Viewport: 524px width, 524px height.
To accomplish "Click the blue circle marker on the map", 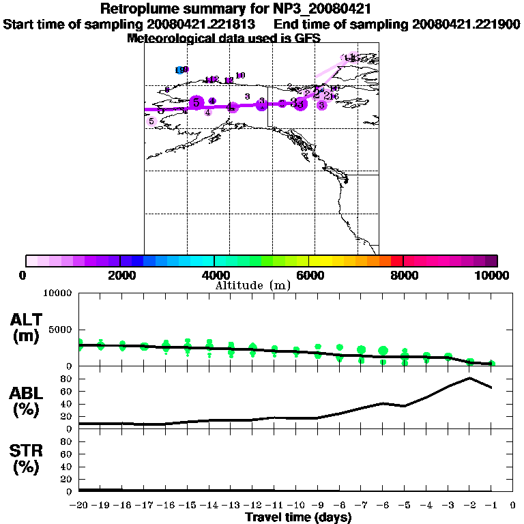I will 179,70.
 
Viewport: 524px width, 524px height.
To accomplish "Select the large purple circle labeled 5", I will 196,102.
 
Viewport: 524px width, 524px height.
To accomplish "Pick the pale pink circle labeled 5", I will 151,121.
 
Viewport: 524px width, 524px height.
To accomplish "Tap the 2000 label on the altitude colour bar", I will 120,275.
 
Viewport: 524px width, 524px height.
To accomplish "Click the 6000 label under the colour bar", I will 309,275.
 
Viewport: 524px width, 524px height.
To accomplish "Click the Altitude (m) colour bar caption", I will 252,285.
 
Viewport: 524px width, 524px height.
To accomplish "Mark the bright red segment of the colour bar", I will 396,261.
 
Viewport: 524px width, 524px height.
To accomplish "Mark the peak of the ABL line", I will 470,378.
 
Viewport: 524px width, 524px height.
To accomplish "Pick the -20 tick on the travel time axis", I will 79,505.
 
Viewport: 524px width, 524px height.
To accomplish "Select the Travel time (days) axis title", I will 298,518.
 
